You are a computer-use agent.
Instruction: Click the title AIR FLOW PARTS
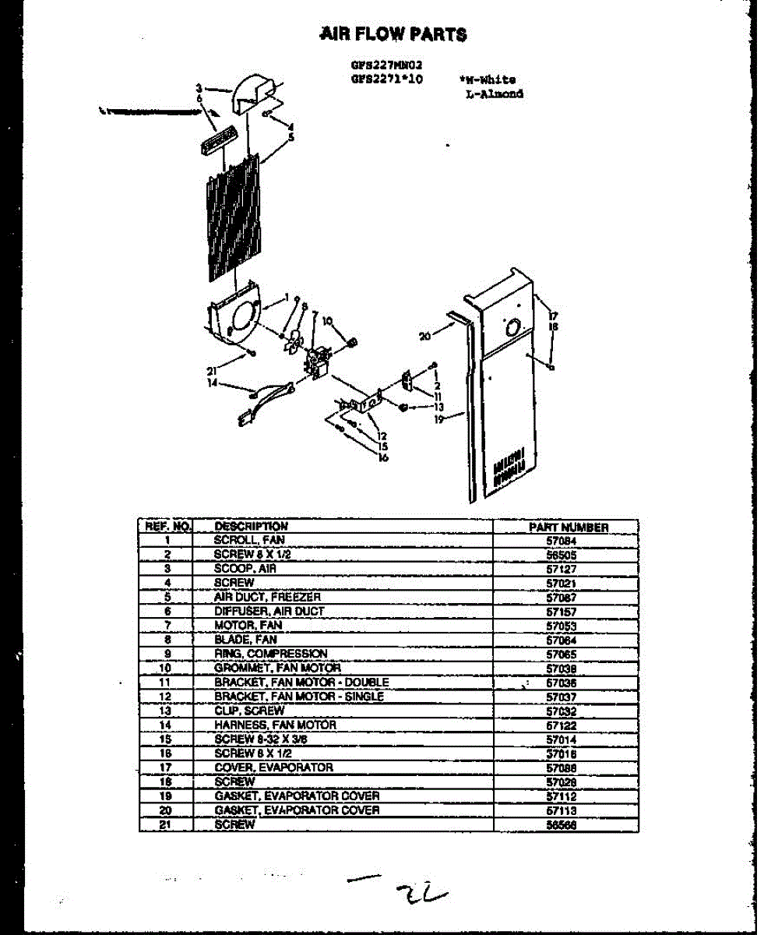point(393,34)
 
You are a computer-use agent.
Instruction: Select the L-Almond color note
point(493,94)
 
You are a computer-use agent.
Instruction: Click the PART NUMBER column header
point(568,527)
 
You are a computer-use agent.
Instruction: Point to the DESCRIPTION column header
point(251,527)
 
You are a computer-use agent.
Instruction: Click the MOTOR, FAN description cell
point(248,626)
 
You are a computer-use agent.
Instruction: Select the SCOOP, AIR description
point(245,569)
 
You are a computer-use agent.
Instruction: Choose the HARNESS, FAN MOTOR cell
point(275,725)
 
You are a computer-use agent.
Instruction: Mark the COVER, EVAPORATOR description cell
point(273,768)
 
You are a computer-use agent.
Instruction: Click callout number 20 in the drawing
point(424,337)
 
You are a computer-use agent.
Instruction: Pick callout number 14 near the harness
point(213,383)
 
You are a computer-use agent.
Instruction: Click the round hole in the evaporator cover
point(512,329)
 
